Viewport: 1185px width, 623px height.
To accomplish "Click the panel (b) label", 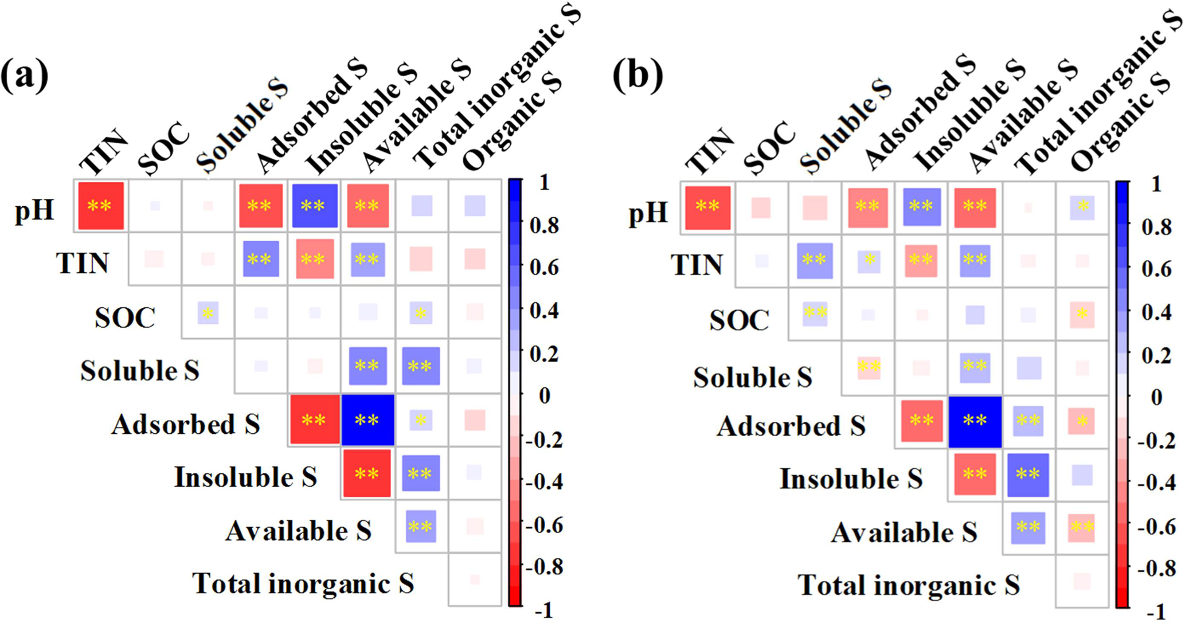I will (x=637, y=75).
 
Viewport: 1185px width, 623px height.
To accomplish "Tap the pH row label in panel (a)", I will (x=34, y=210).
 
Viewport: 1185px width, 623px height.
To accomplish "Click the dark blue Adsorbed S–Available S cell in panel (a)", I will (x=367, y=420).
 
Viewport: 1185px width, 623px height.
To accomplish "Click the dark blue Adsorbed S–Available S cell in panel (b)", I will (x=975, y=421).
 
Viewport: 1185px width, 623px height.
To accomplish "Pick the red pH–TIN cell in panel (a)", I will (x=101, y=206).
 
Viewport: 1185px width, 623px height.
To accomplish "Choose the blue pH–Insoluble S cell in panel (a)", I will (x=314, y=206).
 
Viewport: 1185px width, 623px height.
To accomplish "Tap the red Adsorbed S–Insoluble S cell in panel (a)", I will (x=314, y=420).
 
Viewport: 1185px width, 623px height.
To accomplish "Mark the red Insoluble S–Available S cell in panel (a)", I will (x=367, y=473).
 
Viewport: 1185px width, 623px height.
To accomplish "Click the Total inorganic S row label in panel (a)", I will (x=303, y=583).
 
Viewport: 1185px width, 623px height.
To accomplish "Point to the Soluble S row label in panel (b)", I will (x=752, y=377).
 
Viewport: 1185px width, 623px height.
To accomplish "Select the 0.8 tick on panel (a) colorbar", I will (x=543, y=226).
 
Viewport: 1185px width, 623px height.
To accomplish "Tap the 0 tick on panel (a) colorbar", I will (x=544, y=395).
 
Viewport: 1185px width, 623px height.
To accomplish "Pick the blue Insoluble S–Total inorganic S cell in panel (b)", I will (x=1028, y=475).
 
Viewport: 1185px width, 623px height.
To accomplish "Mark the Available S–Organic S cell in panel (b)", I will (x=1082, y=528).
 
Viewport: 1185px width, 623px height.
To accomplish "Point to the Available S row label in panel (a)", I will (x=298, y=531).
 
